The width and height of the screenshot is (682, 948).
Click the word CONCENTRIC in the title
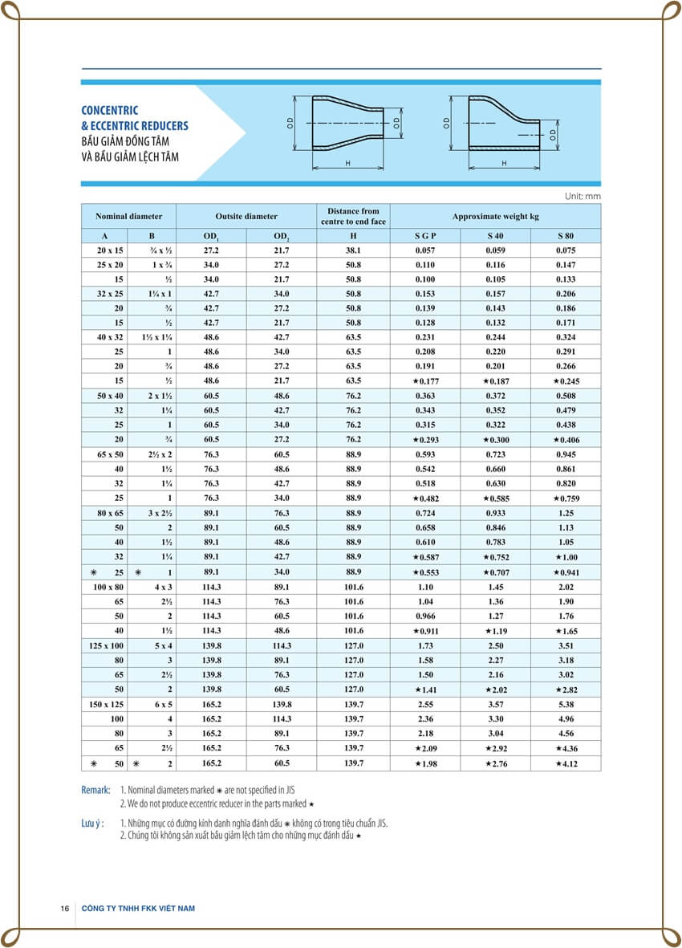110,111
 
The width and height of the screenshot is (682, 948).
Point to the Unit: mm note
583,196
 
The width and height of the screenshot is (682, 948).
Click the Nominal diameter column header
128,216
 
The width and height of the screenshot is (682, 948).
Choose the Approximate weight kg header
495,216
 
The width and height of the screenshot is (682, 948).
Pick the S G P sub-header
425,236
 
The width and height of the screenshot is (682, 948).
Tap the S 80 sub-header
566,236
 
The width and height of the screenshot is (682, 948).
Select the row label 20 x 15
110,250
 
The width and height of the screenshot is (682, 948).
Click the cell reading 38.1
354,250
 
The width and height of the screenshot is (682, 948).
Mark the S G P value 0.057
425,250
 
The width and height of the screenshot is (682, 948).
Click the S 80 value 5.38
566,704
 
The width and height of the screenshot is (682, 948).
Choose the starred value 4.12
566,763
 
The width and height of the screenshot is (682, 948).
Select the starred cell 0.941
566,572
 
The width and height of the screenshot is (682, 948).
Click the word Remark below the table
95,790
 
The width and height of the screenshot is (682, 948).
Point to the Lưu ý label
93,823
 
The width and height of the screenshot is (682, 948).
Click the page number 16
64,908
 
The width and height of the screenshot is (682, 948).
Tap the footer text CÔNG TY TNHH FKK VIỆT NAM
138,908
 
